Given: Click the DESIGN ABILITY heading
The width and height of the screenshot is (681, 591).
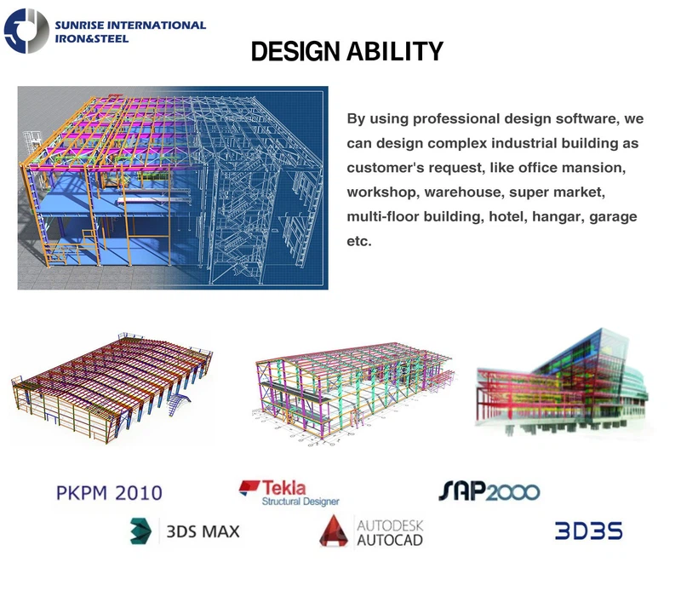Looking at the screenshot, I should (347, 52).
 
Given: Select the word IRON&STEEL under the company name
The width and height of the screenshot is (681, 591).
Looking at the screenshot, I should (92, 38).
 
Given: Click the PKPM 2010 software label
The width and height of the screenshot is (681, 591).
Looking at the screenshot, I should (108, 491).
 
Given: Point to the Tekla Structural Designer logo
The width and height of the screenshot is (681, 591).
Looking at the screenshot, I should (289, 492).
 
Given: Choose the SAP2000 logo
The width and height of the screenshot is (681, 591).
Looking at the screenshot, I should (489, 491).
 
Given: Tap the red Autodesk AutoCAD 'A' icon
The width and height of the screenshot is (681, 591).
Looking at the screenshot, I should (335, 531).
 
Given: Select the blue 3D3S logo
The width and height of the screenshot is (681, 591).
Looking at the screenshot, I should (588, 531).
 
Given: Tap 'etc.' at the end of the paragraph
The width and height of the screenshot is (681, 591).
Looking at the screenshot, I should (358, 242).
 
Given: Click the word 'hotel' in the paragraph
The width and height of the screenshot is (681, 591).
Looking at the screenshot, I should (506, 217).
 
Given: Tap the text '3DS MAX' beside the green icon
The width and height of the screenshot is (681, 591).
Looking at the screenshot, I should (203, 531).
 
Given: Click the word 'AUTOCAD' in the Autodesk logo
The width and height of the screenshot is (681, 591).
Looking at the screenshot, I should (389, 539).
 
